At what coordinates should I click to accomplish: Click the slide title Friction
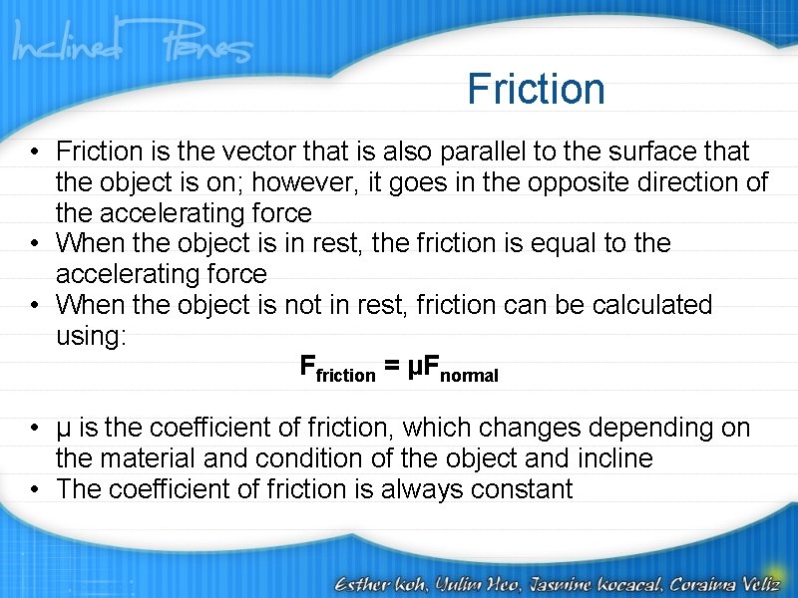pos(536,89)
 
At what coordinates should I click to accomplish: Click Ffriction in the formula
pos(337,369)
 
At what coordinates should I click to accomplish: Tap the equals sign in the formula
pos(392,368)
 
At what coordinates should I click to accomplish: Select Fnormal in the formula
pos(454,370)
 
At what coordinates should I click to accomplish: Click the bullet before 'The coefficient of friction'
pos(36,489)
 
